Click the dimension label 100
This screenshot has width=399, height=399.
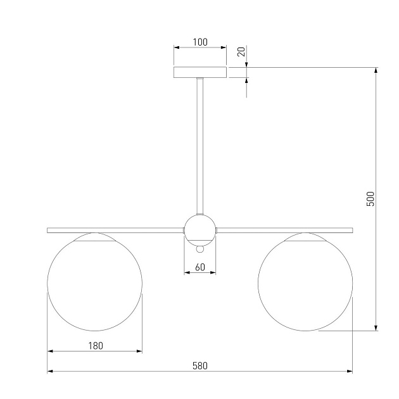[x=200, y=42]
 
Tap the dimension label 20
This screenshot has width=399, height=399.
[x=241, y=52]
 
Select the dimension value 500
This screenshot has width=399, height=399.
[x=370, y=199]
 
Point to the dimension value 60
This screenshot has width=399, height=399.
[x=200, y=267]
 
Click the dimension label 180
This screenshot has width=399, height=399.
[x=96, y=346]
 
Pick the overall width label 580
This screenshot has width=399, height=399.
[x=200, y=365]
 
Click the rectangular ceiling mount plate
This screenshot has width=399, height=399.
[x=200, y=72]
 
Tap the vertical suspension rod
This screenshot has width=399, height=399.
[x=200, y=146]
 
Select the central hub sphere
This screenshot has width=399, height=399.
[x=200, y=231]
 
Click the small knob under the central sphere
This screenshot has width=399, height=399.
[x=200, y=249]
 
